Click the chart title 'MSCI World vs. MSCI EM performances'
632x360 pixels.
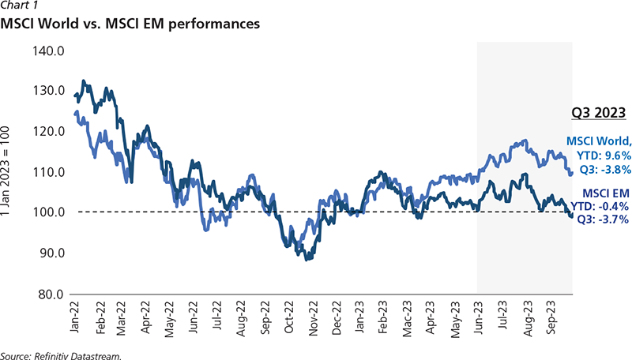tap(131, 24)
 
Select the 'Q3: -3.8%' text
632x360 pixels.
tap(600, 167)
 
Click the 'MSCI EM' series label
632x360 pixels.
tap(604, 193)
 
